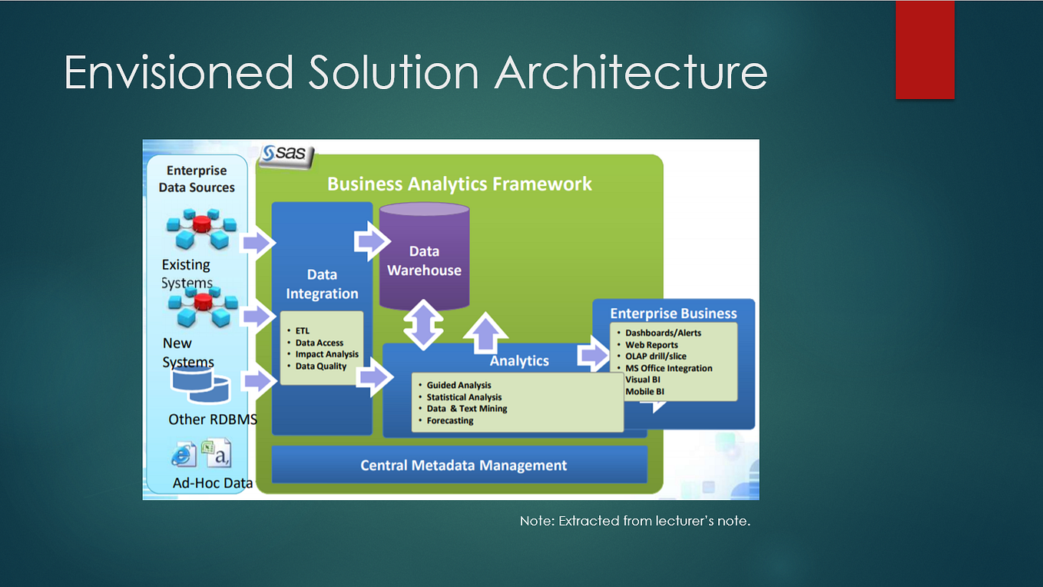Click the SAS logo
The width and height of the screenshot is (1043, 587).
286,154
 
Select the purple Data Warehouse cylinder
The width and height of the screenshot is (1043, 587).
424,256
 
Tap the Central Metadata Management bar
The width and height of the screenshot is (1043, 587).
459,465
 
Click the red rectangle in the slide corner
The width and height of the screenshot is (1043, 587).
925,49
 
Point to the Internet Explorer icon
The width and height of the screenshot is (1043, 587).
183,455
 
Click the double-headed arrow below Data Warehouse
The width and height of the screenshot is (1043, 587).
423,325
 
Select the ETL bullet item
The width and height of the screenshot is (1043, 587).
302,331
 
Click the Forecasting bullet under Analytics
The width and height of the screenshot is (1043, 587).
450,421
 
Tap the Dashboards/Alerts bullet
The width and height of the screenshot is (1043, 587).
663,333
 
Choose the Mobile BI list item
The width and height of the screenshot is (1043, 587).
644,391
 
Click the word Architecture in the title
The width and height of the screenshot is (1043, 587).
631,72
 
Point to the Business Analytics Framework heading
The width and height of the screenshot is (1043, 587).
459,184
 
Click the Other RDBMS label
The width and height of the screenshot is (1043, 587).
213,420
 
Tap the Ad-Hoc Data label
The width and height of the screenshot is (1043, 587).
212,483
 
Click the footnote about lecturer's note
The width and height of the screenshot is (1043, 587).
635,521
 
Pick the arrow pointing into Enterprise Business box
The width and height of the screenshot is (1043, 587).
594,356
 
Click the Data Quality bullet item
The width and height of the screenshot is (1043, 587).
321,366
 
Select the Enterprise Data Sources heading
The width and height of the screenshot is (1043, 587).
197,179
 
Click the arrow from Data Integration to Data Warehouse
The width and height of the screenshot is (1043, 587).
372,241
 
